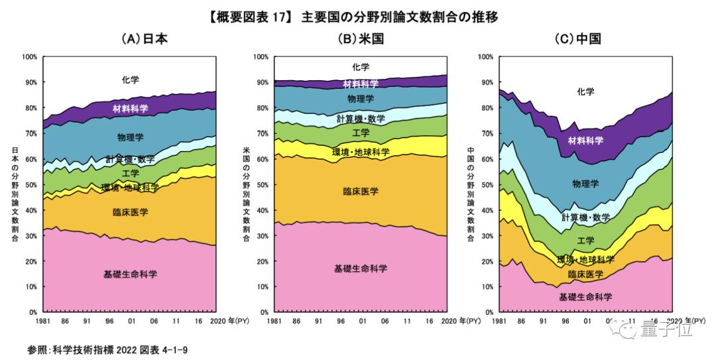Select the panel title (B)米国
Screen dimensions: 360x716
tap(361, 39)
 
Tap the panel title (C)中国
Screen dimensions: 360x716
tap(578, 39)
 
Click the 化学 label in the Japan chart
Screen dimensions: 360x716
tap(131, 80)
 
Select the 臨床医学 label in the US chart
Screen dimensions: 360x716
tap(361, 192)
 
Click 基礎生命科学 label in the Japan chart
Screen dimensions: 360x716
tap(131, 274)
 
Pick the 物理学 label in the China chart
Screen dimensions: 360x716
tap(585, 182)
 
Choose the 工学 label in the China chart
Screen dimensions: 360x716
tap(585, 241)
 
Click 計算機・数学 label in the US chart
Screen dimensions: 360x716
tap(361, 119)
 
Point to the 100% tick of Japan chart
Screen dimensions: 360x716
tap(30, 57)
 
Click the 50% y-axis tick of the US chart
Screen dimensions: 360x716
tap(261, 184)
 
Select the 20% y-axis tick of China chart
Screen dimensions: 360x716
tap(486, 261)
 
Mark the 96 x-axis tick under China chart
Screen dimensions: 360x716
tap(565, 321)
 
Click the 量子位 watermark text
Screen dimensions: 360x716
tap(664, 328)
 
